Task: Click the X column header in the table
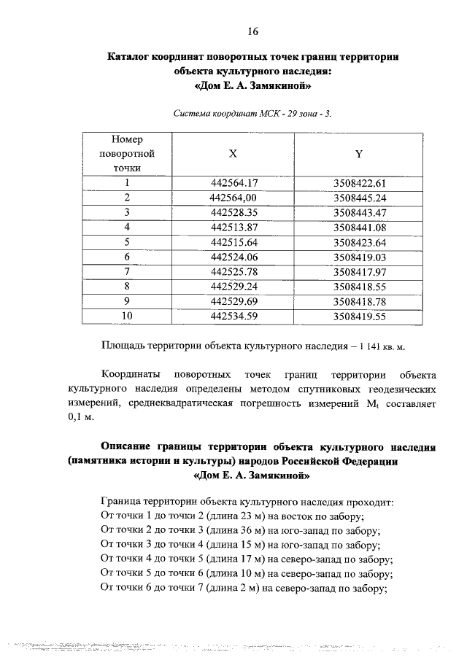click(x=233, y=155)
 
